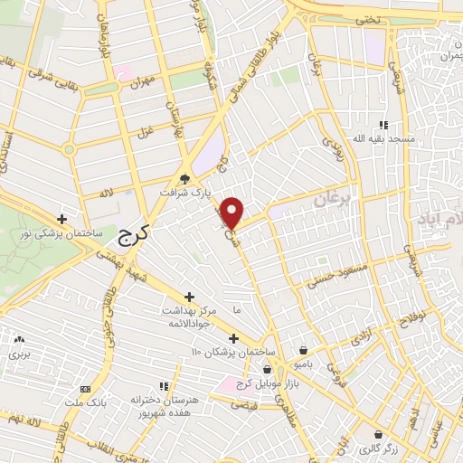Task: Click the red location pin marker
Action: (233, 213)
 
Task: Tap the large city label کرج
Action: (137, 238)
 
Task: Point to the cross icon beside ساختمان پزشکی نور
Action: (61, 219)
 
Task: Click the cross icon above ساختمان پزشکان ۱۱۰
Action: (233, 338)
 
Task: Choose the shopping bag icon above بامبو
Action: (303, 350)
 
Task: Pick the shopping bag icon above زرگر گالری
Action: (378, 435)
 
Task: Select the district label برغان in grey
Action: (332, 199)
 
